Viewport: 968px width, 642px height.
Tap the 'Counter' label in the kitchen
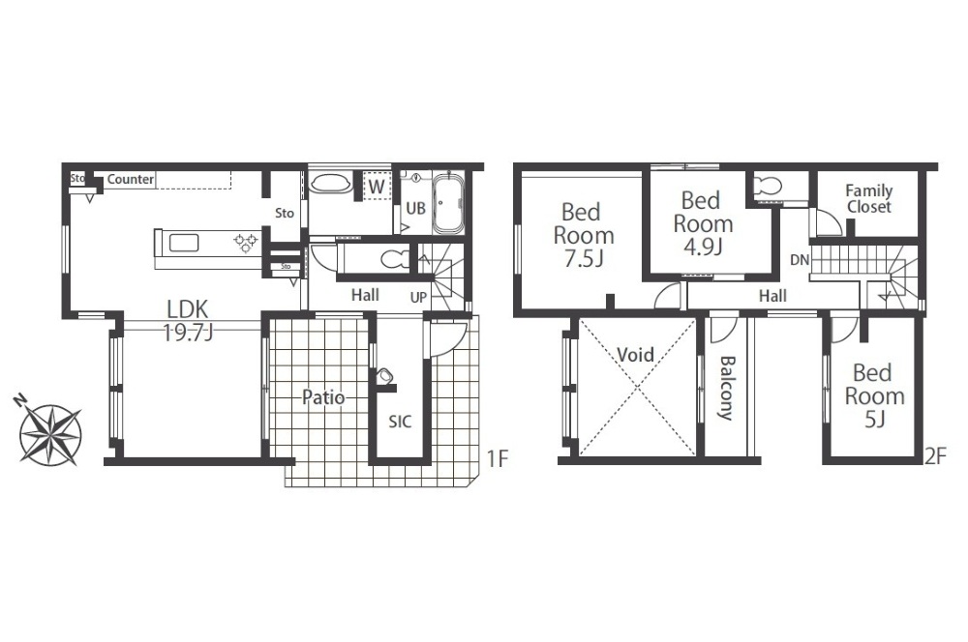[x=131, y=180]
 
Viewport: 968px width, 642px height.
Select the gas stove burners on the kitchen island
[x=246, y=243]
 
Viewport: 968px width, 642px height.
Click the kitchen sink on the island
[x=184, y=243]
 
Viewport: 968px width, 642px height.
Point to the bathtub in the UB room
[x=448, y=203]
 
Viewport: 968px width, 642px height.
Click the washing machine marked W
[x=377, y=187]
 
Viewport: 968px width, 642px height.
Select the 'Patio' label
[x=323, y=397]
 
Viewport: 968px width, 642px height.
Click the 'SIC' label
[x=400, y=422]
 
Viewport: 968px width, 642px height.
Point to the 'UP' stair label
[x=418, y=297]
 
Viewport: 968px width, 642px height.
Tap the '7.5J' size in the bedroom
[x=584, y=259]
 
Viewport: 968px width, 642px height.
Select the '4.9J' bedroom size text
[x=703, y=247]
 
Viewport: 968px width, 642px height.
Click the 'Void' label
[x=635, y=355]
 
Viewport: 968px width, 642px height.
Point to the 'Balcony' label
[x=727, y=388]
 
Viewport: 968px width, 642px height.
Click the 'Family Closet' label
[x=868, y=198]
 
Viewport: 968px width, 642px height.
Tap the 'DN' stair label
[x=800, y=260]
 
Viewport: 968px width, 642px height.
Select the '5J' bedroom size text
[x=875, y=420]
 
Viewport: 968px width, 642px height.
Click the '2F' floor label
[x=935, y=457]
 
